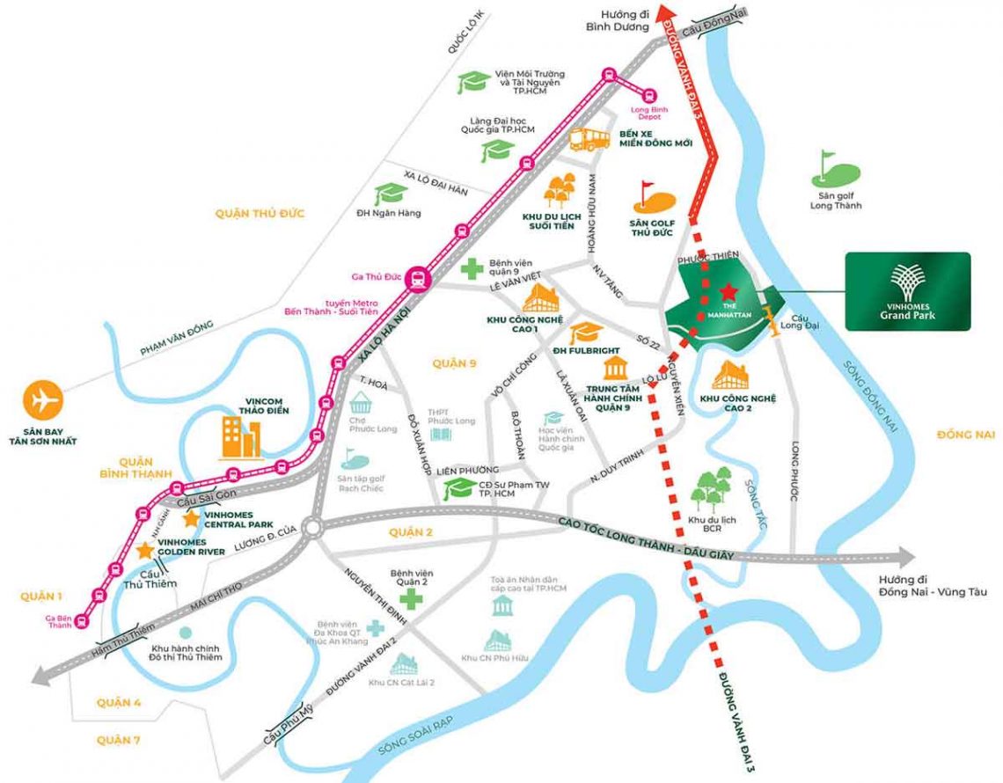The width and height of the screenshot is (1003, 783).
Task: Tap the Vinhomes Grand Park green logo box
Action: [x=907, y=291]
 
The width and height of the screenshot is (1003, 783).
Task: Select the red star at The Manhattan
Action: [x=728, y=291]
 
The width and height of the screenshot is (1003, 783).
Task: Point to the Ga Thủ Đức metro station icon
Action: [x=419, y=278]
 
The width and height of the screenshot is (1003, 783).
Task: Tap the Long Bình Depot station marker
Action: [x=649, y=95]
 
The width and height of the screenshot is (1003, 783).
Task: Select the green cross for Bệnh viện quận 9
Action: [x=473, y=267]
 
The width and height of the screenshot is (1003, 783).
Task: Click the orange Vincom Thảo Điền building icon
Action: [x=240, y=437]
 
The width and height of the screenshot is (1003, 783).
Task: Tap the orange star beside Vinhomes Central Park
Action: [x=190, y=518]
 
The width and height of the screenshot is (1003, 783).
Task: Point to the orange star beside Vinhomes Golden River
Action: [x=144, y=550]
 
